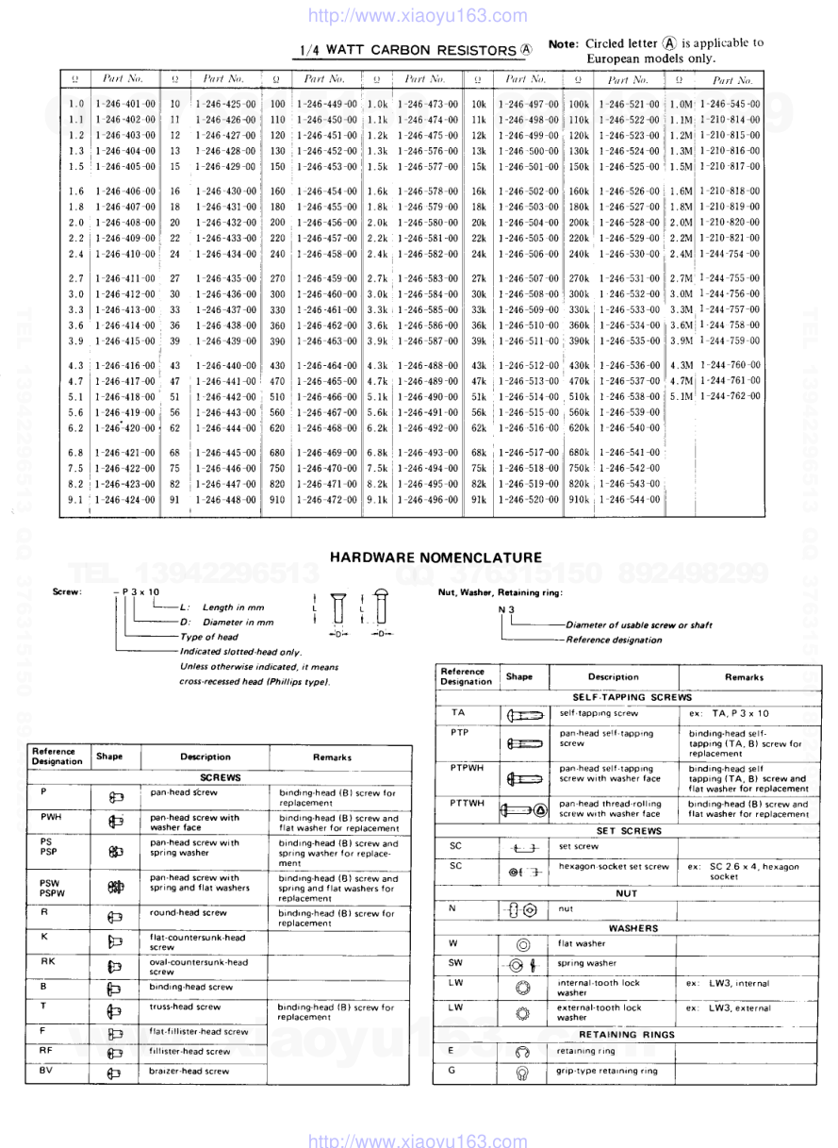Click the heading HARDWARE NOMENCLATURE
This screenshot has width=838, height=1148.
click(435, 558)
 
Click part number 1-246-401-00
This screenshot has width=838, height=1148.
click(125, 104)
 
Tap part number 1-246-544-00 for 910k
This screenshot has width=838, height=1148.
click(629, 499)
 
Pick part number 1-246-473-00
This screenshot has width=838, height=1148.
click(428, 104)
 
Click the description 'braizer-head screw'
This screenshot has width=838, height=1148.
click(189, 1071)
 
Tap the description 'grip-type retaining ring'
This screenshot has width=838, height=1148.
click(606, 1071)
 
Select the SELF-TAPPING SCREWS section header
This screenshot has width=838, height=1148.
click(625, 696)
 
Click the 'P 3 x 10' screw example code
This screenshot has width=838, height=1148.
click(140, 591)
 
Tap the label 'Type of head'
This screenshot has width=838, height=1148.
click(207, 638)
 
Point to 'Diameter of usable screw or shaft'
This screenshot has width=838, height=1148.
click(639, 624)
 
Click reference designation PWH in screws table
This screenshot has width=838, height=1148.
click(51, 816)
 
